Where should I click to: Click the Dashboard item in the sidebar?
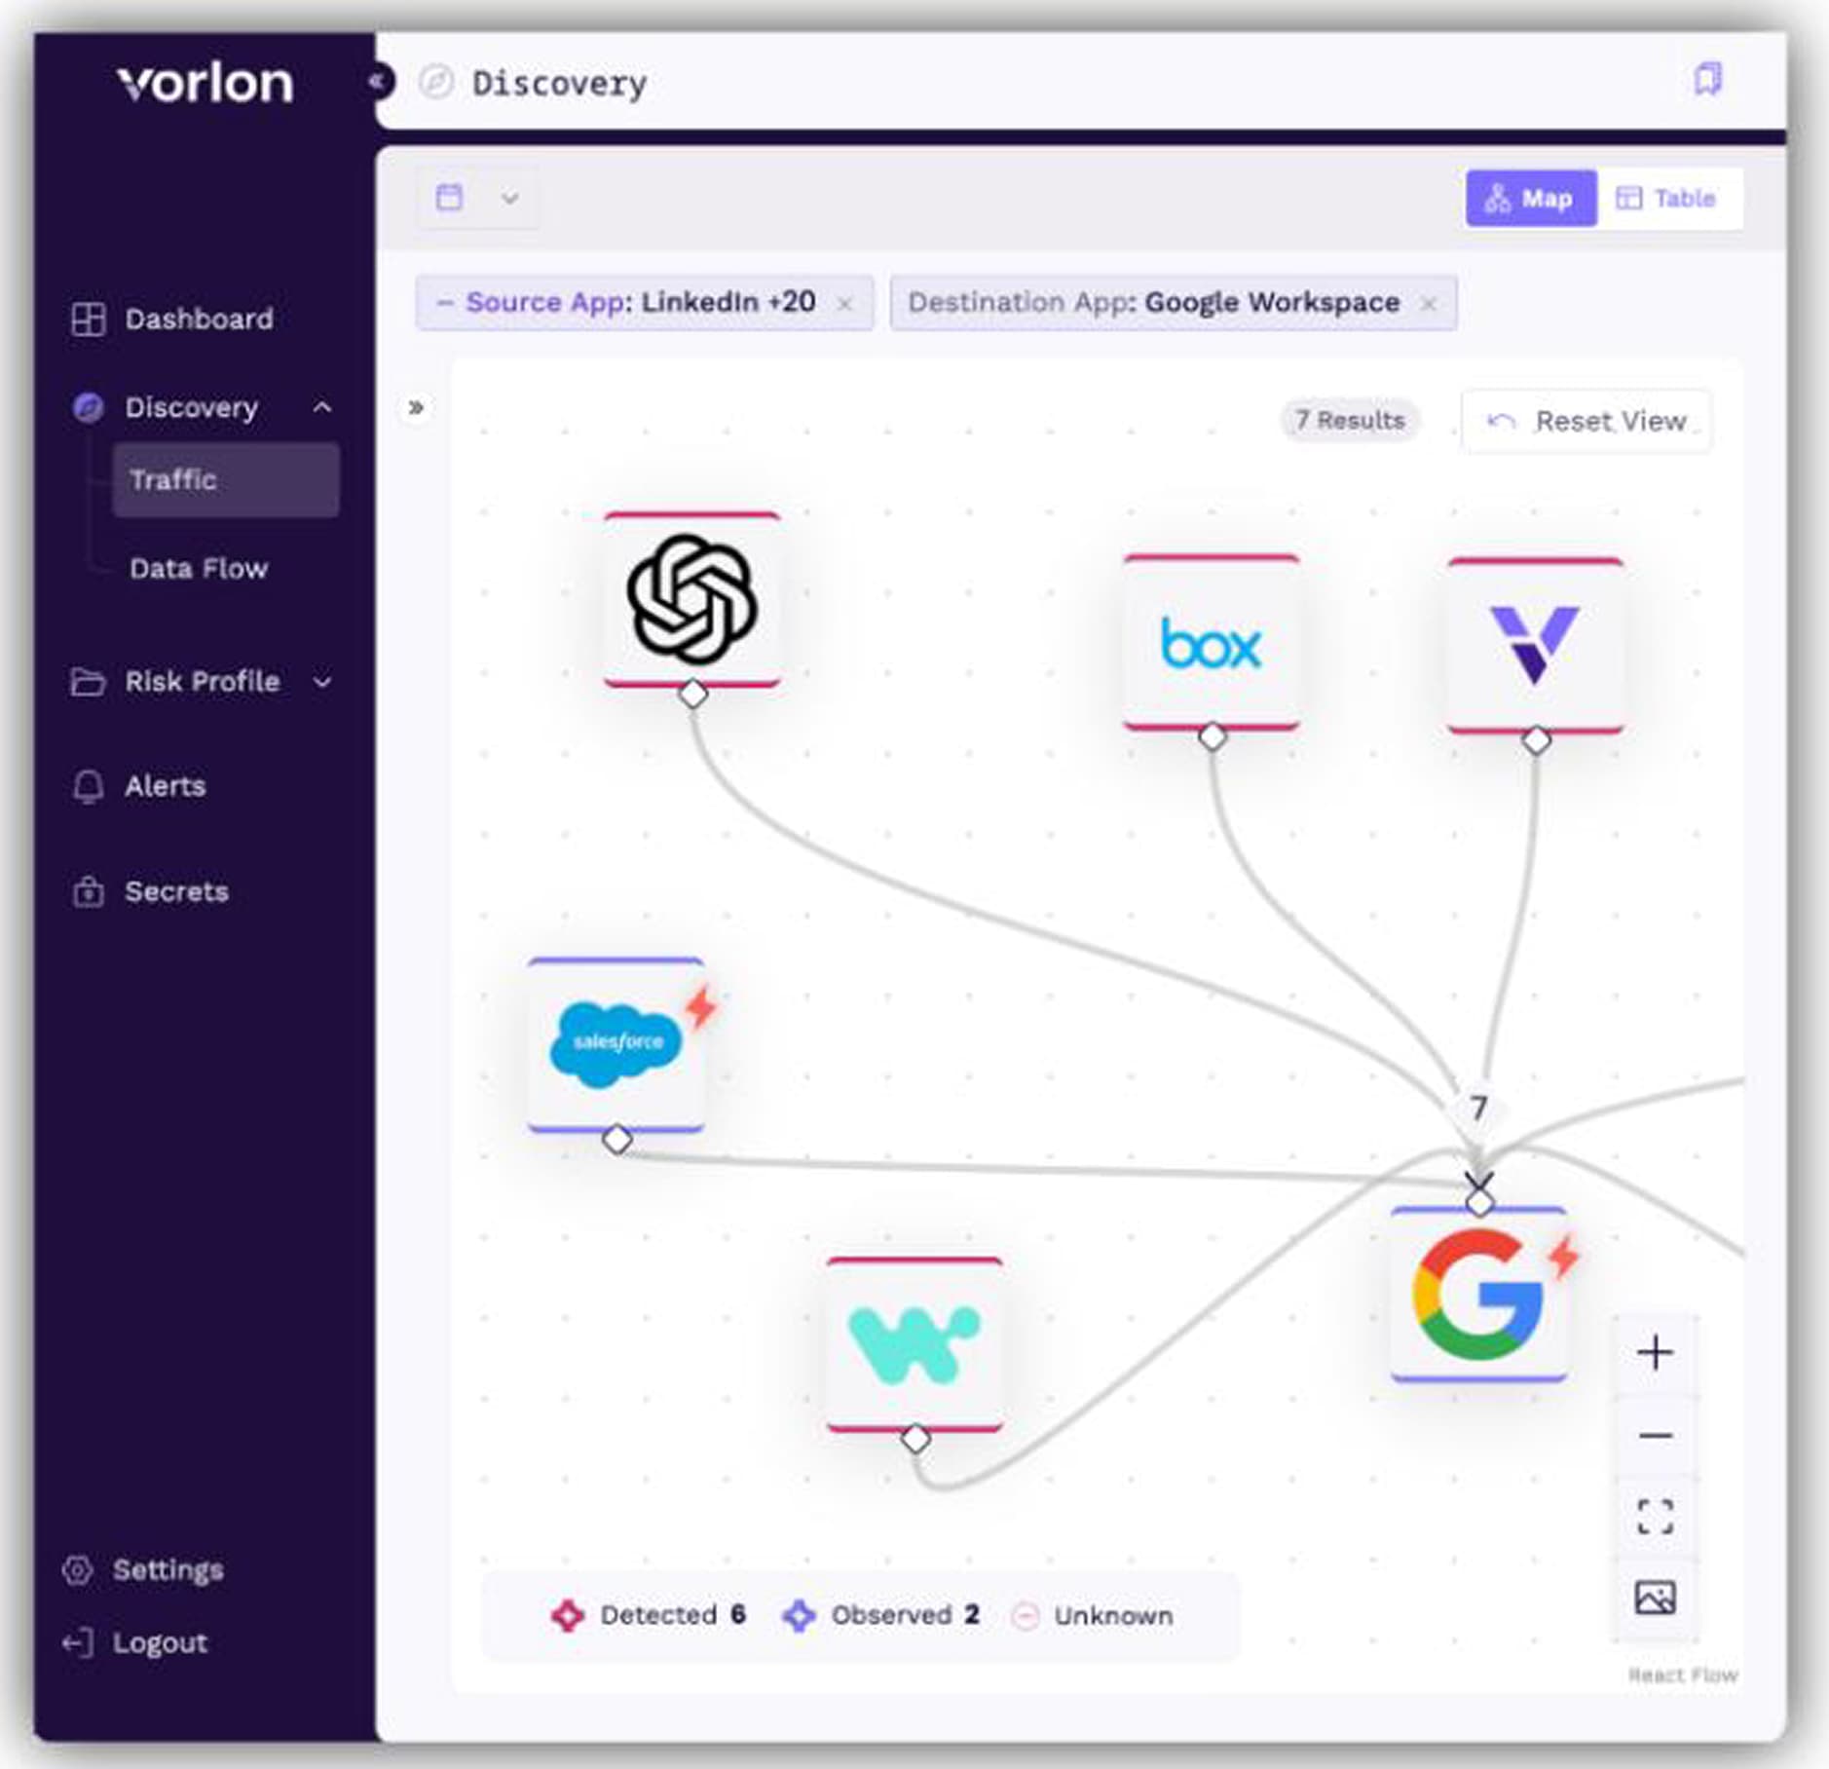[198, 319]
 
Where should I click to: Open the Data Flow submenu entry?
[198, 568]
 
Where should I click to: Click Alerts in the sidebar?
[165, 786]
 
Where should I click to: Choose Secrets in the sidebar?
[175, 891]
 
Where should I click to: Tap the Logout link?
[159, 1643]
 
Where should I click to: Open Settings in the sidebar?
[168, 1570]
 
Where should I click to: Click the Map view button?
[1529, 199]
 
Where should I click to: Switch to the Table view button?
[1666, 199]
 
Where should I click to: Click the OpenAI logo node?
[691, 599]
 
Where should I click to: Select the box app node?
[1211, 643]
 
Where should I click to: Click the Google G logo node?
[1477, 1294]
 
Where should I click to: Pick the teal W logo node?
[914, 1344]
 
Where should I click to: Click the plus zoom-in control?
[1655, 1352]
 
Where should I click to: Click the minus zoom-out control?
[1655, 1435]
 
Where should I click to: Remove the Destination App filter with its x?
[1428, 304]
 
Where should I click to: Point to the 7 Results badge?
[1349, 421]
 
